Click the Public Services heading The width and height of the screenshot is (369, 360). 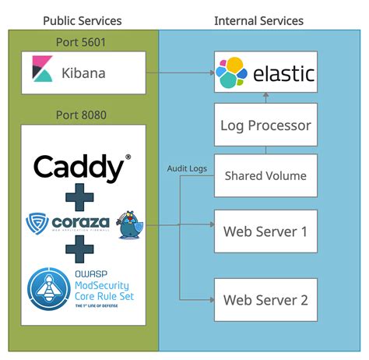83,20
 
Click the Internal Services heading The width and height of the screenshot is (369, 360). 258,20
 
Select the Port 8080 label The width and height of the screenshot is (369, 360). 82,115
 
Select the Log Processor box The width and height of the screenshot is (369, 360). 265,125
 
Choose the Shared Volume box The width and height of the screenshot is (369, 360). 265,175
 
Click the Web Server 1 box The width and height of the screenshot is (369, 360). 265,231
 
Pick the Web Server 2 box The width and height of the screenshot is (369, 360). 265,299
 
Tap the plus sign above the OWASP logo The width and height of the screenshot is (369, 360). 79,250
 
